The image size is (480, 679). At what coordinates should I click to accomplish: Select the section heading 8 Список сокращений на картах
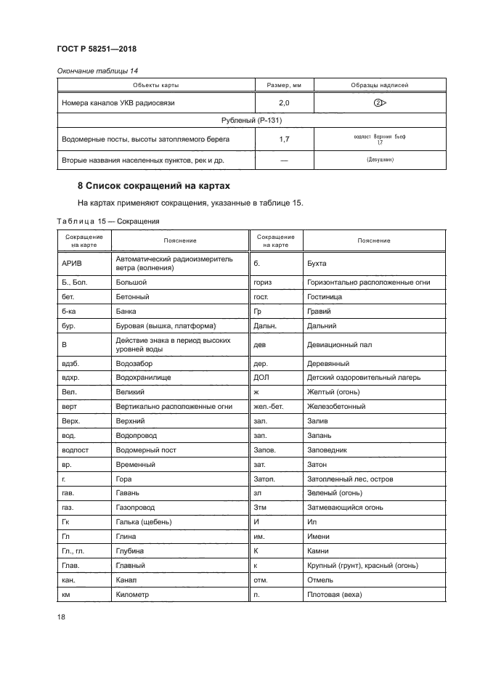click(x=153, y=185)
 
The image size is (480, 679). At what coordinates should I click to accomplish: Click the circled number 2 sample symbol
click(x=378, y=103)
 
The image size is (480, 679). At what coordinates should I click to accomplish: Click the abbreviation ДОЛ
click(x=261, y=378)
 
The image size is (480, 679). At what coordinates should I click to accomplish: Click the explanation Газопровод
click(x=135, y=508)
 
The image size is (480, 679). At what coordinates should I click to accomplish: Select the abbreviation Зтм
click(x=261, y=508)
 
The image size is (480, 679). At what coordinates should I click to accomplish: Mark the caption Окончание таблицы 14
click(x=97, y=70)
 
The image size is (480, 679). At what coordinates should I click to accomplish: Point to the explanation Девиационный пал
click(x=339, y=345)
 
